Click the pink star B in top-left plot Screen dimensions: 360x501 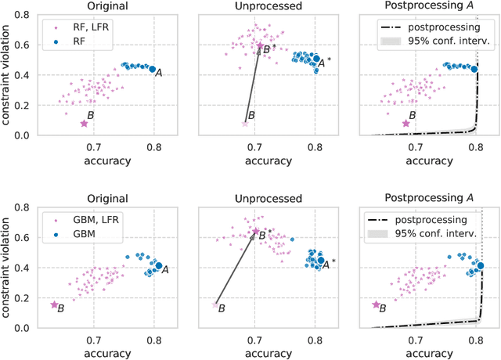[85, 123]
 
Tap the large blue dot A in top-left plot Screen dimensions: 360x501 [153, 69]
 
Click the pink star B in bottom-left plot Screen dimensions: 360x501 [54, 304]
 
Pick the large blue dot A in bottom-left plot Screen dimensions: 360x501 [158, 266]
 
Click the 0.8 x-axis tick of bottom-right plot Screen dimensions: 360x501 [475, 340]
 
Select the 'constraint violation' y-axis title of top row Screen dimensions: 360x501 [8, 75]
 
